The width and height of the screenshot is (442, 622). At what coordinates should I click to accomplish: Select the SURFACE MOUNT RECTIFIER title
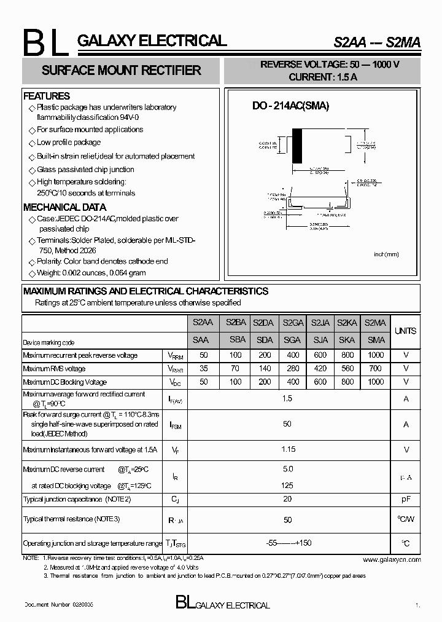121,71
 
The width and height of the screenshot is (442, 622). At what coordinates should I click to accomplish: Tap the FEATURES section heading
47,96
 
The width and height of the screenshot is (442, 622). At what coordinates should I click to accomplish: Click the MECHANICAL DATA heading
64,207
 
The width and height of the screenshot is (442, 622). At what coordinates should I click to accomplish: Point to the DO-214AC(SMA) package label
290,106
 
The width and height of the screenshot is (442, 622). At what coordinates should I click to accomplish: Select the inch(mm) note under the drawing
386,254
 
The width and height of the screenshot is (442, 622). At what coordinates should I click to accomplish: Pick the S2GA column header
293,323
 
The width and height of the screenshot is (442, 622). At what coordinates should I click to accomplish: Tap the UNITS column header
405,331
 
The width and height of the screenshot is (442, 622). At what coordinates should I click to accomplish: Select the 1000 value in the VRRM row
375,355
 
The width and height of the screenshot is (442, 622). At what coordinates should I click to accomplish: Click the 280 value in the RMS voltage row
293,369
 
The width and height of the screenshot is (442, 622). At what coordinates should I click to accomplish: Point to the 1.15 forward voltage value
287,450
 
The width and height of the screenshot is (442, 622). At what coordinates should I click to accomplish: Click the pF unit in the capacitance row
405,499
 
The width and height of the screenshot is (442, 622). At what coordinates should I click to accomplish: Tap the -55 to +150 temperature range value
287,543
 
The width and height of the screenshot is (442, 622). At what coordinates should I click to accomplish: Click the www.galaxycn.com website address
391,559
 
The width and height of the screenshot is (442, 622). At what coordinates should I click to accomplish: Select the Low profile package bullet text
68,143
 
